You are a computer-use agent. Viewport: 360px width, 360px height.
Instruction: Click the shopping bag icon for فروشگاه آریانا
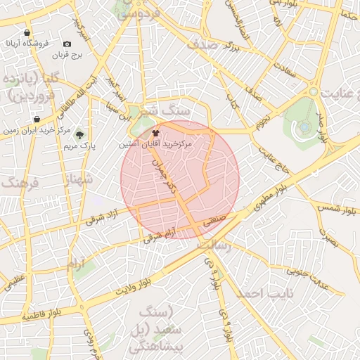(x=27, y=32)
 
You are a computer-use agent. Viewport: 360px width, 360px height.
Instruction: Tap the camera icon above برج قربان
(x=67, y=44)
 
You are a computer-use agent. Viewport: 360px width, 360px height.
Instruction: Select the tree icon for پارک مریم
(x=79, y=134)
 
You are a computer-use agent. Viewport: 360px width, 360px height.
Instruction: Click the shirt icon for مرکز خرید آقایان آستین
(x=155, y=131)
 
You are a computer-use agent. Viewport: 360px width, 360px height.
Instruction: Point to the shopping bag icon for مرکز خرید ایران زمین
(x=37, y=120)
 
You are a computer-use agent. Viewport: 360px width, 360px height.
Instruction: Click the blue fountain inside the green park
(x=304, y=127)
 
